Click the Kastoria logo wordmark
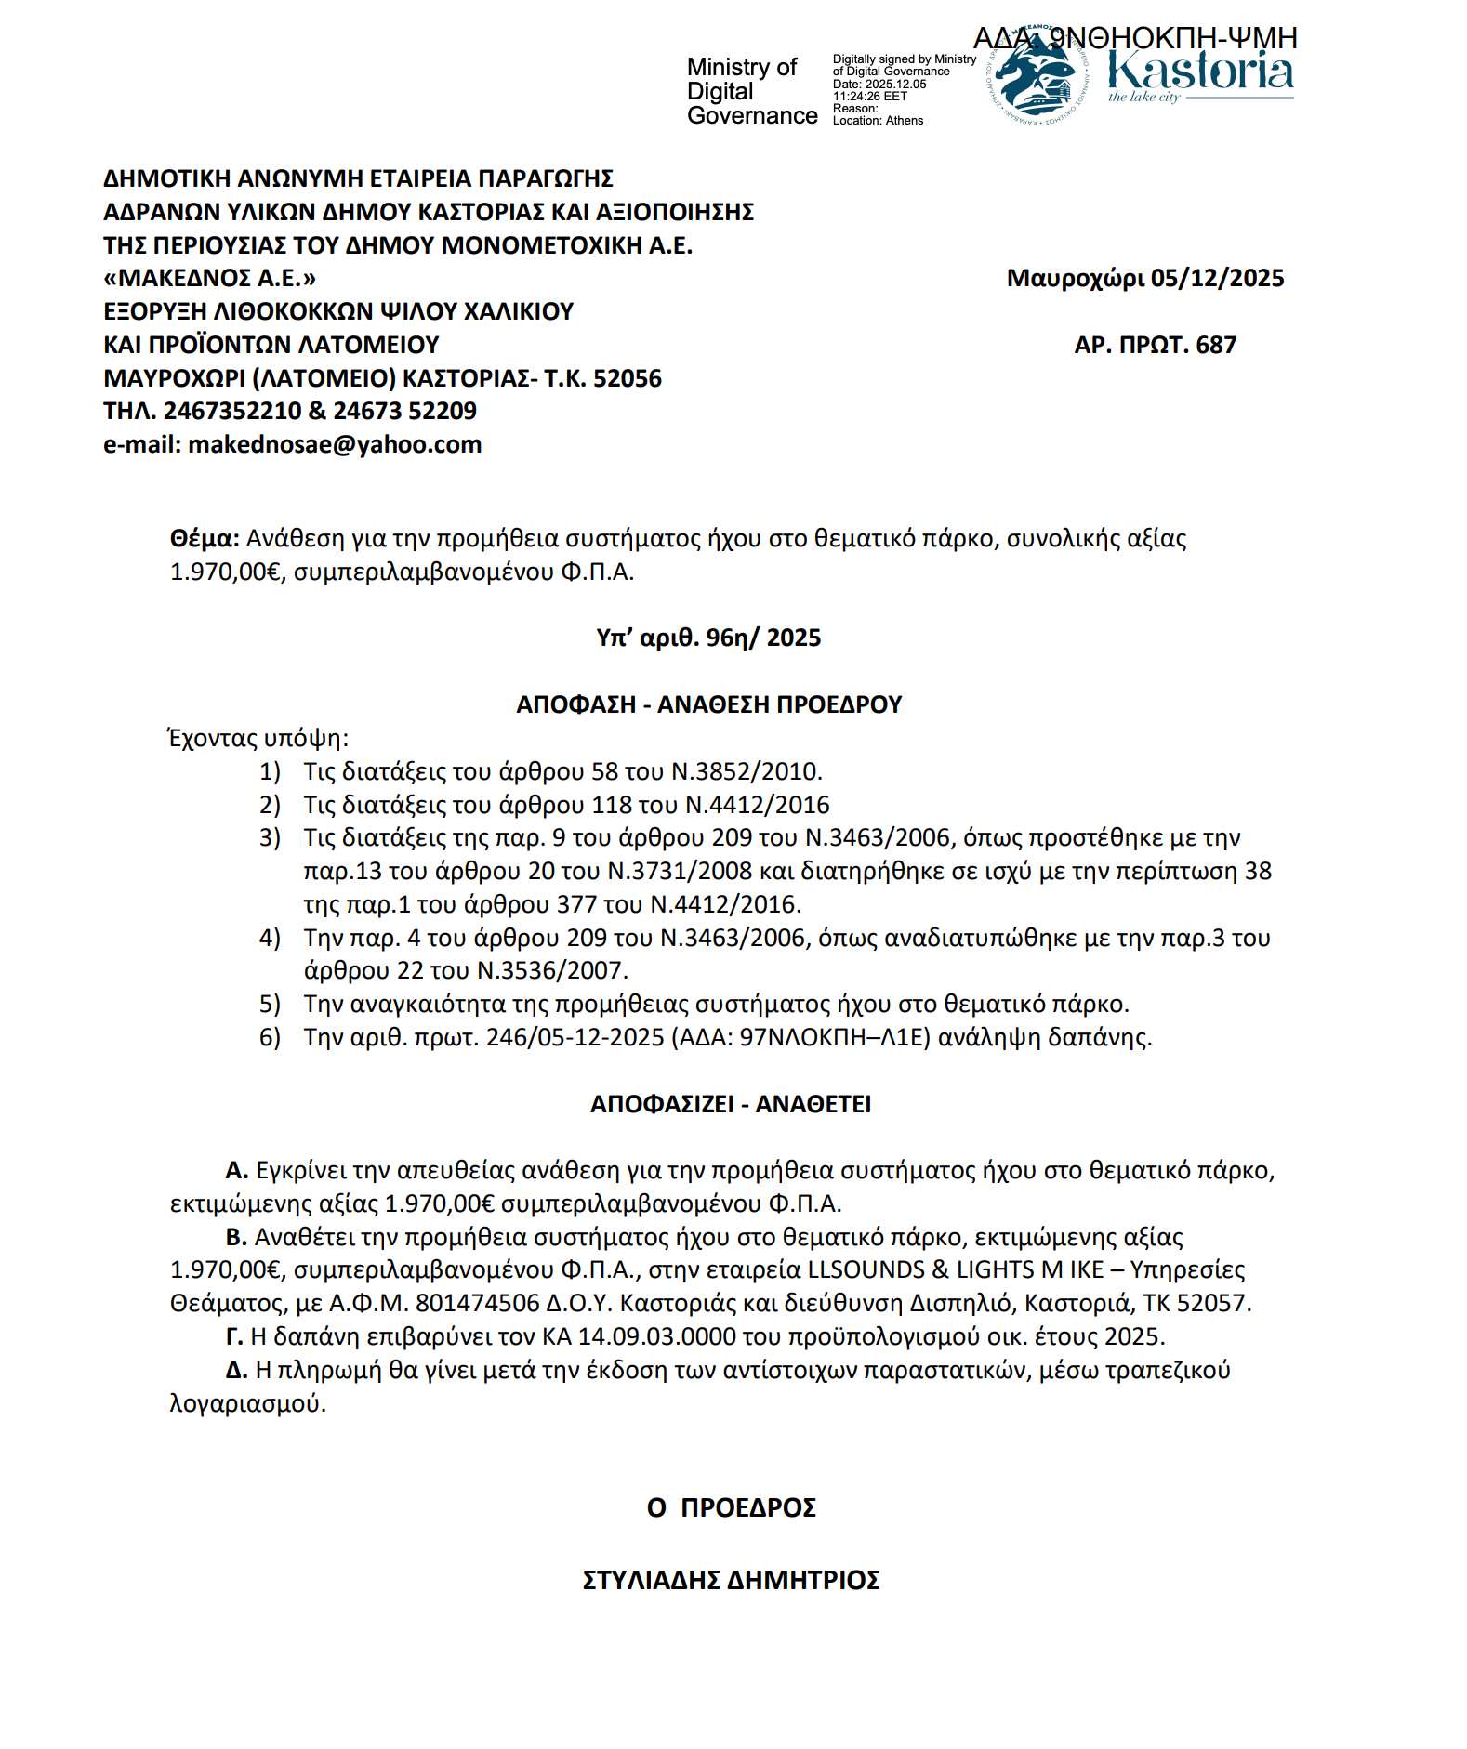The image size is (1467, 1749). pyautogui.click(x=1199, y=72)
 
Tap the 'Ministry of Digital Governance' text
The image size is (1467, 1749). pyautogui.click(x=751, y=91)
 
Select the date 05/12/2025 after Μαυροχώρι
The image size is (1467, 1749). pyautogui.click(x=1217, y=278)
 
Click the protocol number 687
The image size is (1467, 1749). pyautogui.click(x=1216, y=345)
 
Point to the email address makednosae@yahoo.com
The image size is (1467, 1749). pyautogui.click(x=335, y=444)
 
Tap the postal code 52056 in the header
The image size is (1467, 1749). pyautogui.click(x=628, y=378)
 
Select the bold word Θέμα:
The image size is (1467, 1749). pyautogui.click(x=205, y=538)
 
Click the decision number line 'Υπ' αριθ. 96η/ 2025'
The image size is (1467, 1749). pyautogui.click(x=708, y=638)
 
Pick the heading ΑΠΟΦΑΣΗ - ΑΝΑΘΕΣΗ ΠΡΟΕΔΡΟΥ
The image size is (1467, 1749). pyautogui.click(x=708, y=704)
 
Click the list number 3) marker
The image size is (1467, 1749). pyautogui.click(x=270, y=838)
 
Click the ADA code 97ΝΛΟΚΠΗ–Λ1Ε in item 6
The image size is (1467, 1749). pyautogui.click(x=834, y=1037)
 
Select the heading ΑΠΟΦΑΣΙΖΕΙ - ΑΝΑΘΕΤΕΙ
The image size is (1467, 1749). pyautogui.click(x=731, y=1104)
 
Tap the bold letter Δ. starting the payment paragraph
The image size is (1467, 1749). pyautogui.click(x=237, y=1370)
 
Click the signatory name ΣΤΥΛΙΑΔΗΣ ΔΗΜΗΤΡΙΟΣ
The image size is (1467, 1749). pyautogui.click(x=731, y=1580)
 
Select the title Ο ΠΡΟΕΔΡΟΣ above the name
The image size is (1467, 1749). pyautogui.click(x=731, y=1507)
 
